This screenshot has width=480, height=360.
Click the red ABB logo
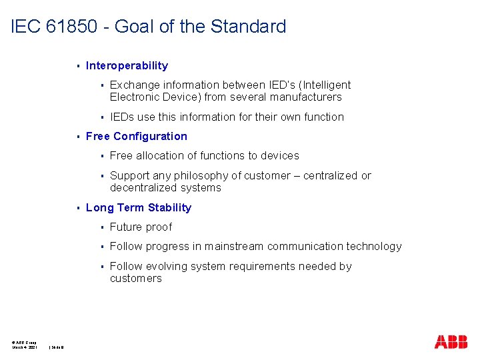(451, 342)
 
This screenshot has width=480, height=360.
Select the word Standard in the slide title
(248, 27)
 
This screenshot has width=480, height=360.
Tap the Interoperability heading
(127, 65)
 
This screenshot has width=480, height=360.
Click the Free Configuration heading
(137, 136)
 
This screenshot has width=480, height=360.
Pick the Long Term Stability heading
(139, 207)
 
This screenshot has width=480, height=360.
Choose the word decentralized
(142, 188)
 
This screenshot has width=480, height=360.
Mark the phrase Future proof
(141, 227)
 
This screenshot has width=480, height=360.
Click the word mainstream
(234, 246)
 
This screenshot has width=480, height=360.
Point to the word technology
(374, 246)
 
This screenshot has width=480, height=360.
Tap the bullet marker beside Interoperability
(79, 66)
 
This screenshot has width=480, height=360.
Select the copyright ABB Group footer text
(24, 342)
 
